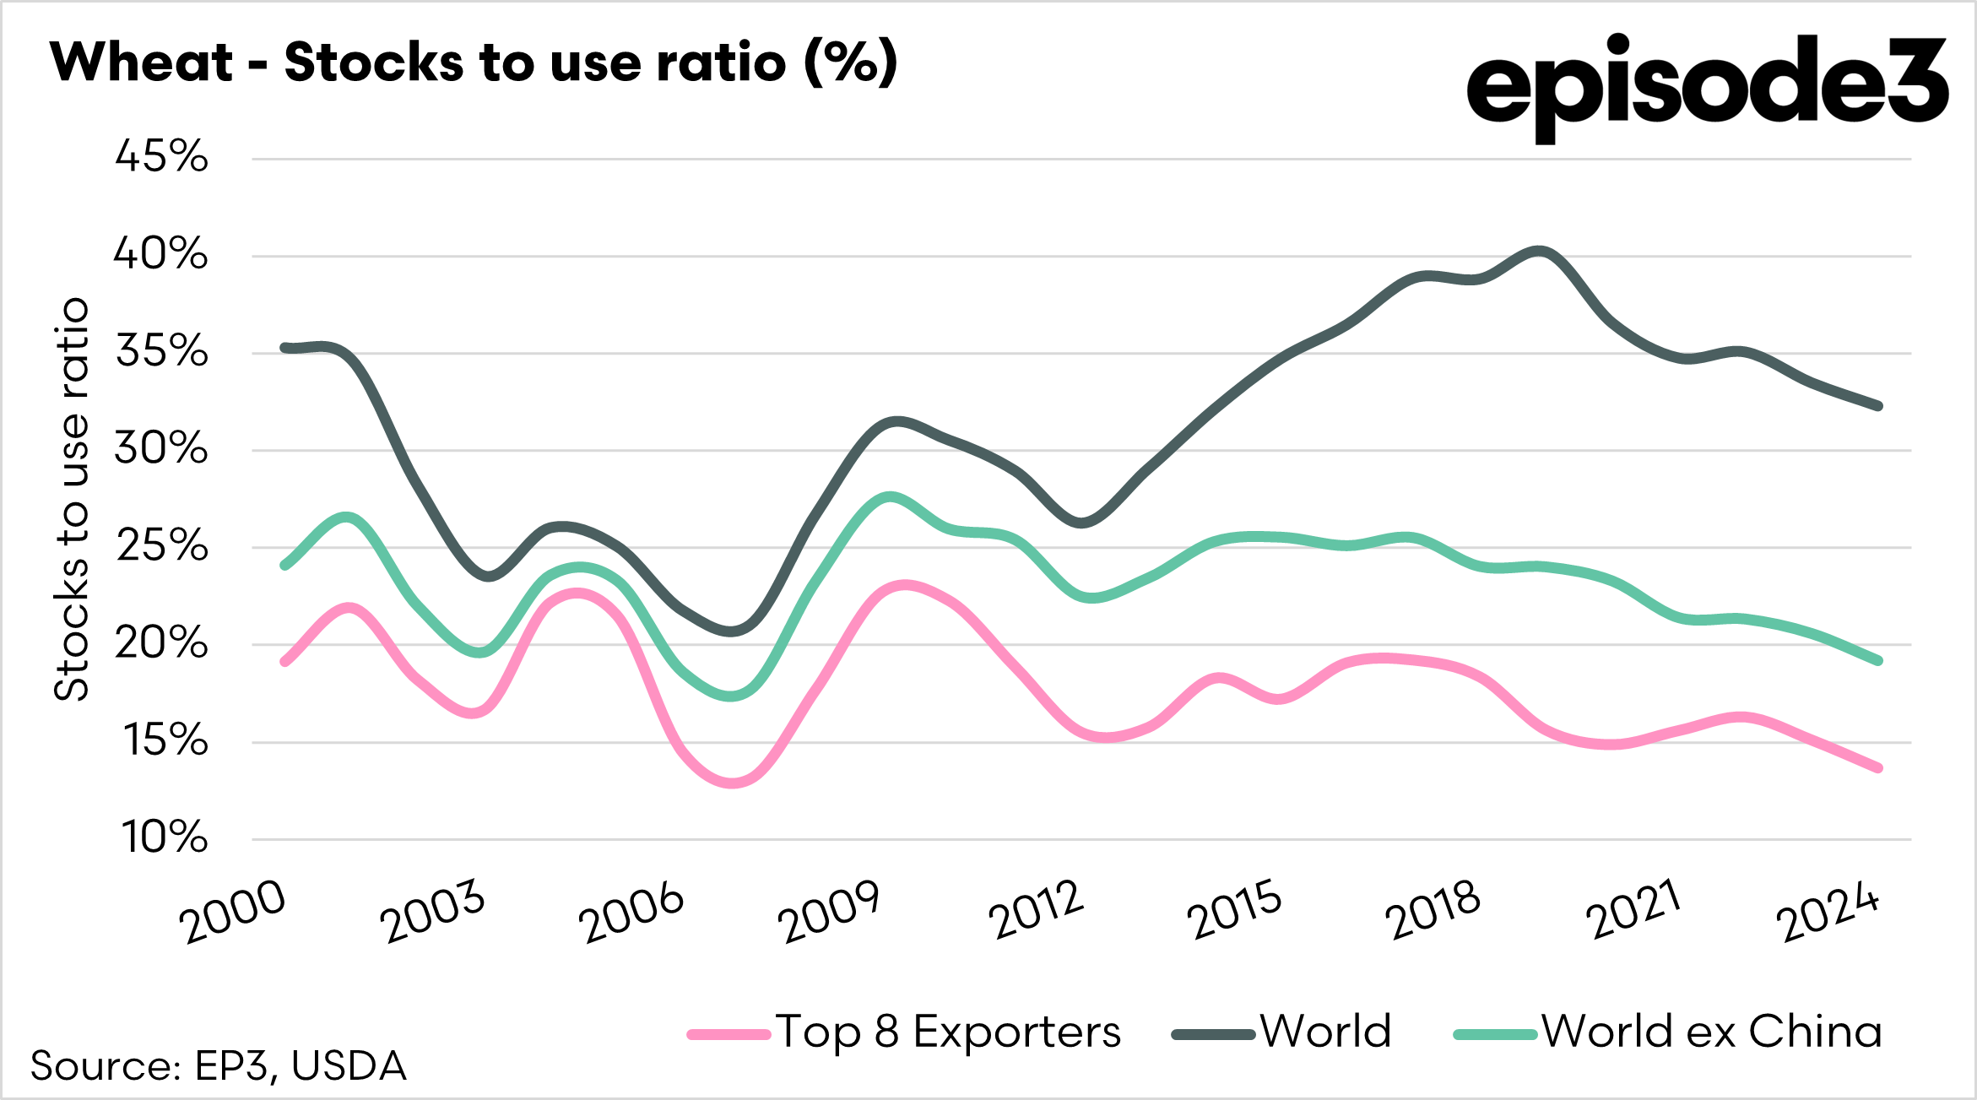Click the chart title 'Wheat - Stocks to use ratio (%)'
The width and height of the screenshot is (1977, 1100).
click(x=473, y=62)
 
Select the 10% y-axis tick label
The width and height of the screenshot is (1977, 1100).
click(x=164, y=838)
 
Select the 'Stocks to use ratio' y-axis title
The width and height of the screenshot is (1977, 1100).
click(x=73, y=498)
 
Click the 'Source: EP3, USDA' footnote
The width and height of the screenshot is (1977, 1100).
click(x=218, y=1066)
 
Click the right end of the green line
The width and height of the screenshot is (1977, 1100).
click(x=1877, y=660)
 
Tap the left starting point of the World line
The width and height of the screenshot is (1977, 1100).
click(x=285, y=348)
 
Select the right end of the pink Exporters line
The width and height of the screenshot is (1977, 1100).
click(x=1877, y=767)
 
